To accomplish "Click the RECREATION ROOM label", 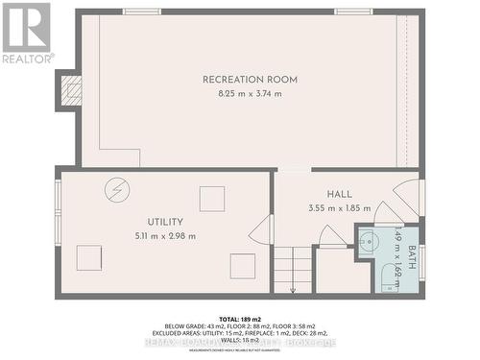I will pyautogui.click(x=249, y=79).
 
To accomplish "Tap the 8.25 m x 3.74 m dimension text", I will pyautogui.click(x=249, y=94).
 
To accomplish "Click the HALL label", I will pyautogui.click(x=339, y=193).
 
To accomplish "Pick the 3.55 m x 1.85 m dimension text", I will pyautogui.click(x=339, y=208).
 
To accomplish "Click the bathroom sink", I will pyautogui.click(x=370, y=242).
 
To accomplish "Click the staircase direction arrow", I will pyautogui.click(x=293, y=280).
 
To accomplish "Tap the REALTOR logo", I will pyautogui.click(x=25, y=33).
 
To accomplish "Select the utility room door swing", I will pyautogui.click(x=261, y=230).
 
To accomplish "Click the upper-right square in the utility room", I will pyautogui.click(x=212, y=199).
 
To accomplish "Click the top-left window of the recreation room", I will pyautogui.click(x=142, y=12).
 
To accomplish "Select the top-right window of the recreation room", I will pyautogui.click(x=352, y=12).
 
